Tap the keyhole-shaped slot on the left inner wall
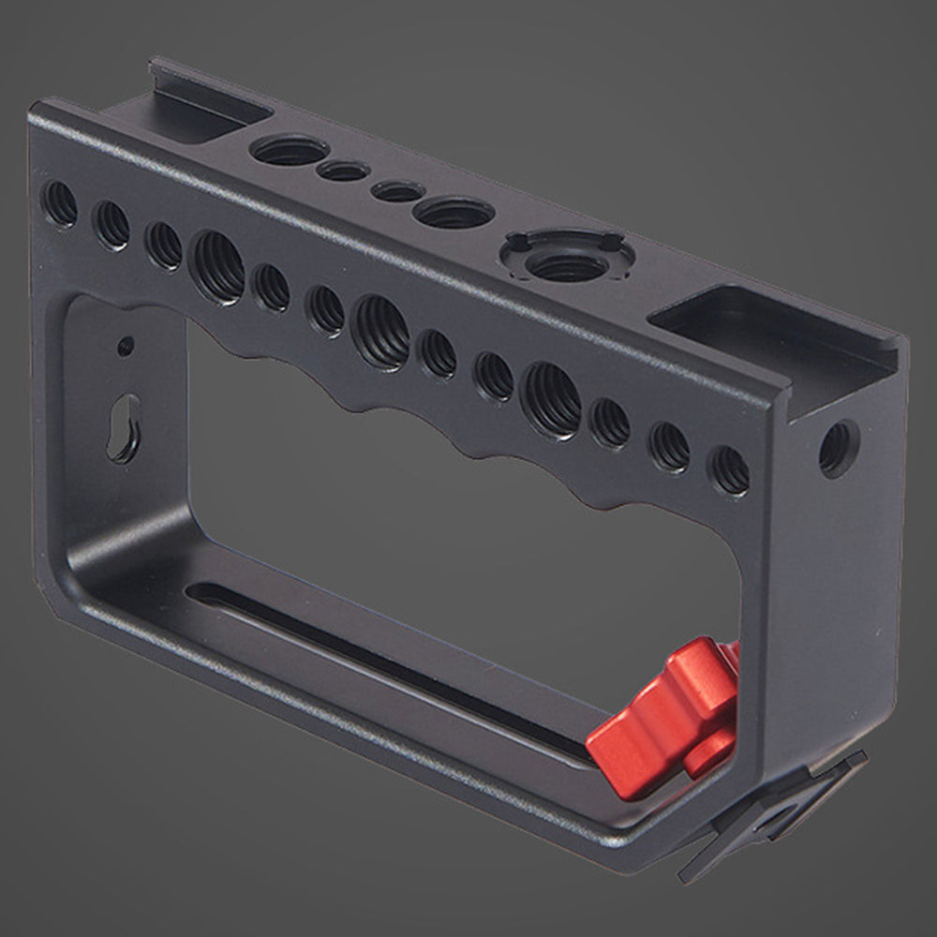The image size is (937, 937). pos(124,427)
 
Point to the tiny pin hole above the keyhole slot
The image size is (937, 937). pos(125,347)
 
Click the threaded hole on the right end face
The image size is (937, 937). pos(836,447)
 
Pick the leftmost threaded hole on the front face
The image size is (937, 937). pos(61,202)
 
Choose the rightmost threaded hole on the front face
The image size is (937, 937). pos(730,469)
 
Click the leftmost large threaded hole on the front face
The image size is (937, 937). pos(216,266)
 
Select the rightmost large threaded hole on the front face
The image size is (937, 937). pos(551,400)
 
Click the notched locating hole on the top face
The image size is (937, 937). pos(566,258)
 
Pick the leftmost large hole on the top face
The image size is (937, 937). pos(290,150)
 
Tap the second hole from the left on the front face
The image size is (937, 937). pos(112,225)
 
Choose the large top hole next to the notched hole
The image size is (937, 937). pos(454,213)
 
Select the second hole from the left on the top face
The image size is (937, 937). pos(343,171)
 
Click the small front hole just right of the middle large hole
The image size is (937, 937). pos(438,353)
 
